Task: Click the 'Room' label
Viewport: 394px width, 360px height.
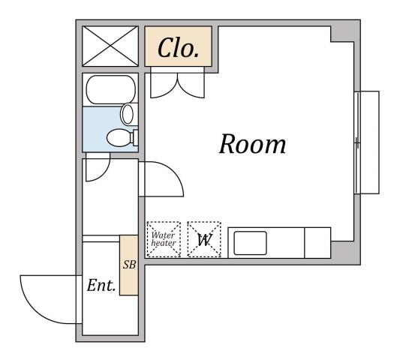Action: click(x=252, y=144)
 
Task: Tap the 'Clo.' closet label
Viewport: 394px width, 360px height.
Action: click(x=178, y=49)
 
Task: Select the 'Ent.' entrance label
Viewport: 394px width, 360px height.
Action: click(x=101, y=286)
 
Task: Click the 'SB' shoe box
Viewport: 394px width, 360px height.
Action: click(x=128, y=265)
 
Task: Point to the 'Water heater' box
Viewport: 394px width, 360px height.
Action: click(x=163, y=239)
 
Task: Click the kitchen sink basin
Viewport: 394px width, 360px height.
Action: click(x=251, y=242)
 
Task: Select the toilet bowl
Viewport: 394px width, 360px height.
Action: click(x=118, y=138)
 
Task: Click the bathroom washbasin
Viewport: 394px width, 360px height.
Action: click(x=128, y=115)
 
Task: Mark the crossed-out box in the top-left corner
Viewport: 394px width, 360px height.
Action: click(x=110, y=46)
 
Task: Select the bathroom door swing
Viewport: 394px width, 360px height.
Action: click(x=98, y=169)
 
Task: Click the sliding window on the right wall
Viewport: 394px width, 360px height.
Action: click(x=366, y=142)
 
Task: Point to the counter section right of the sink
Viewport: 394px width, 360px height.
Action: click(x=317, y=242)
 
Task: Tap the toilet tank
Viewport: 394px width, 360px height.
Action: click(x=134, y=137)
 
